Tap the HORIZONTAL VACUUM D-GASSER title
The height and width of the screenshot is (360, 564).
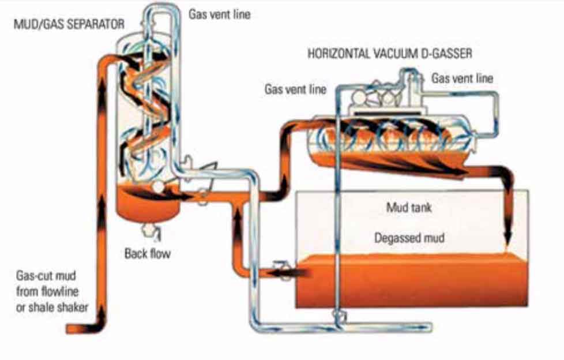click(390, 54)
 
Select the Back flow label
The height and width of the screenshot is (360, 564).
click(148, 253)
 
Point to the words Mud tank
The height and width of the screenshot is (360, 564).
click(408, 208)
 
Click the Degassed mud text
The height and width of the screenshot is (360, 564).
click(409, 237)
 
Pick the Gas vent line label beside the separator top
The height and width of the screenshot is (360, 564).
click(220, 14)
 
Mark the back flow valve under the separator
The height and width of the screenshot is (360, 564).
click(152, 231)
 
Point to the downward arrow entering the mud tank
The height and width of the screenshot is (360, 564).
click(508, 231)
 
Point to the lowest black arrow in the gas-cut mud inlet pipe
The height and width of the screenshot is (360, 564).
click(102, 314)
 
